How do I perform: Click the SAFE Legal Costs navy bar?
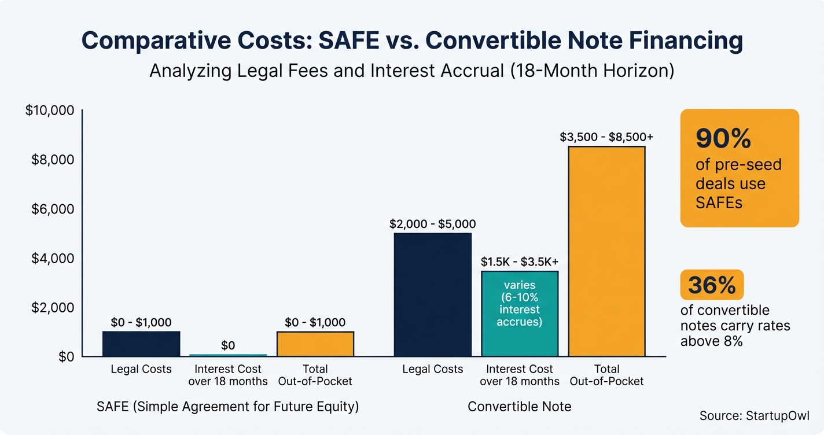141,344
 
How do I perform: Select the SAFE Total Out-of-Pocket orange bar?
315,344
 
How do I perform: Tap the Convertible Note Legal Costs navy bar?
433,294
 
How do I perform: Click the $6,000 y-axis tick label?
53,209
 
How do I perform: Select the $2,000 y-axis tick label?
53,307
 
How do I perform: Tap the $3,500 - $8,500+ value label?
606,137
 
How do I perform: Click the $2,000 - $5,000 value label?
433,224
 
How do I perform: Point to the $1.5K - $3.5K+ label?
520,261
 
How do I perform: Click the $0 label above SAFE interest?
228,345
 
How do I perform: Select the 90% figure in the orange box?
723,139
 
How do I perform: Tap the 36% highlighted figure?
712,285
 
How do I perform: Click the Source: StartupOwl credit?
754,415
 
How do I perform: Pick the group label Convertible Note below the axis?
519,407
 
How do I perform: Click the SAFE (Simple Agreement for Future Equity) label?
227,407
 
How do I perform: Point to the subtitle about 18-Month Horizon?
411,71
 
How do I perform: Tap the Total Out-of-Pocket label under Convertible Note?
606,375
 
